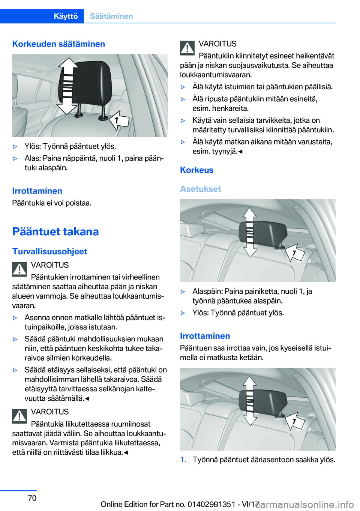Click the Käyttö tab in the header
[66, 16]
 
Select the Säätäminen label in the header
[111, 16]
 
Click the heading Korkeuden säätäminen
[58, 44]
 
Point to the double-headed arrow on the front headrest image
[67, 86]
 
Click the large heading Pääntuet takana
[55, 231]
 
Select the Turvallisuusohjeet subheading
[49, 251]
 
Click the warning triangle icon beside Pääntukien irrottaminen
[19, 269]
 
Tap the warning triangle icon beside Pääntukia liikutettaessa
[19, 416]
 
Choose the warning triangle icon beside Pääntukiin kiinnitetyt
[187, 48]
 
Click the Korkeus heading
[196, 170]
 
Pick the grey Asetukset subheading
[201, 189]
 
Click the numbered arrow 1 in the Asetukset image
[295, 252]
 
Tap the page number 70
[32, 498]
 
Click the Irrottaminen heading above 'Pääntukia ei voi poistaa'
[37, 191]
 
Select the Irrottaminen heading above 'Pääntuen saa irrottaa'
[205, 336]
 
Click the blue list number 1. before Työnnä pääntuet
[183, 460]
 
